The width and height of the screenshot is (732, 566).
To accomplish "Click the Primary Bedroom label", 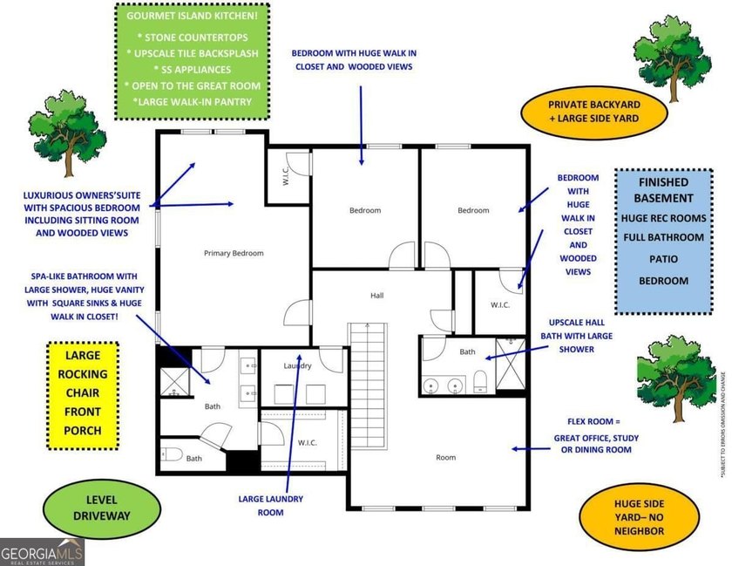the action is point(234,253).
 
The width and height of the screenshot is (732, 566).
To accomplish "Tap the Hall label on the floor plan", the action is point(376,296).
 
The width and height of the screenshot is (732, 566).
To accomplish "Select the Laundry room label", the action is point(297,366).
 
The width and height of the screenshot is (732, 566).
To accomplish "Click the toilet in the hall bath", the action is point(480,381).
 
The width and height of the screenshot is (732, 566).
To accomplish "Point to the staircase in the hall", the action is point(368,386).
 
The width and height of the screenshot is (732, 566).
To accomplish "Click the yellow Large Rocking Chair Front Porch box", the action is point(83,396).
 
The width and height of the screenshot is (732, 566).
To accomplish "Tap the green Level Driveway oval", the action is point(102,508).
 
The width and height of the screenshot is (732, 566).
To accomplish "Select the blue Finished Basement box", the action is point(663,242).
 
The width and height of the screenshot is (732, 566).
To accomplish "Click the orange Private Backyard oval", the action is point(593,112).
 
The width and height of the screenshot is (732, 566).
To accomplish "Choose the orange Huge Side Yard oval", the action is point(639,517).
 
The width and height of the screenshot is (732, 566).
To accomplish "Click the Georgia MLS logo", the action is point(42,552).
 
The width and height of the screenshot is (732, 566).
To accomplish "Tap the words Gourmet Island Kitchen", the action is point(192,16).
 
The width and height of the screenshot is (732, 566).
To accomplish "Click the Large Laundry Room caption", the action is point(271,506).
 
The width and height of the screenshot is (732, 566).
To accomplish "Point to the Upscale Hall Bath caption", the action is point(577,336).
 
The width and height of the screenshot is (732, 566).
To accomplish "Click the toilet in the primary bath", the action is point(172,453).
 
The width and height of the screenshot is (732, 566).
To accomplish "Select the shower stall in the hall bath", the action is point(511,364).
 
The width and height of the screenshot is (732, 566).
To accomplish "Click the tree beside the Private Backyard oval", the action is point(670,58).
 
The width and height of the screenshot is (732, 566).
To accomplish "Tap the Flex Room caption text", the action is point(596,435).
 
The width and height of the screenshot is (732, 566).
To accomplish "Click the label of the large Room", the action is point(446,458).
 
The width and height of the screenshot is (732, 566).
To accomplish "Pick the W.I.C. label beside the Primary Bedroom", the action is point(286,176).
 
